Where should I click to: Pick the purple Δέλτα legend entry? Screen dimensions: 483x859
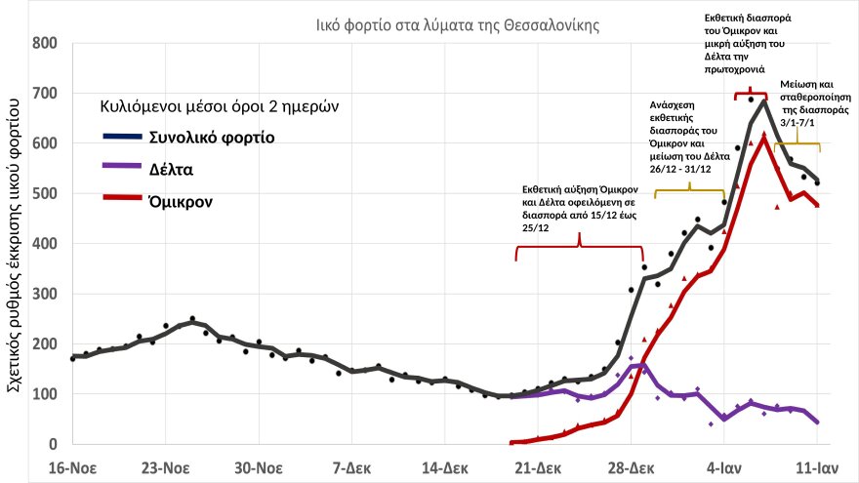click(171, 169)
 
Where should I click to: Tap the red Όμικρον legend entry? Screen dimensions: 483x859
click(182, 201)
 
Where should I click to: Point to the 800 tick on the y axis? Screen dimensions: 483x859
click(45, 44)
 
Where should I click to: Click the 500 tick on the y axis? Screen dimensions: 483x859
click(45, 194)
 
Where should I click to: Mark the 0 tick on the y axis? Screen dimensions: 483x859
click(53, 445)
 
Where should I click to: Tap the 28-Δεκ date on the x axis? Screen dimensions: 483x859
click(632, 466)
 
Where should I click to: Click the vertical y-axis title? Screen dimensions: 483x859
click(18, 244)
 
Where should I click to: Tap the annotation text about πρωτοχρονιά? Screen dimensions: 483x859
click(750, 44)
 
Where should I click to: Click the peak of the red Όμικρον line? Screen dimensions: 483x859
click(763, 137)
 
